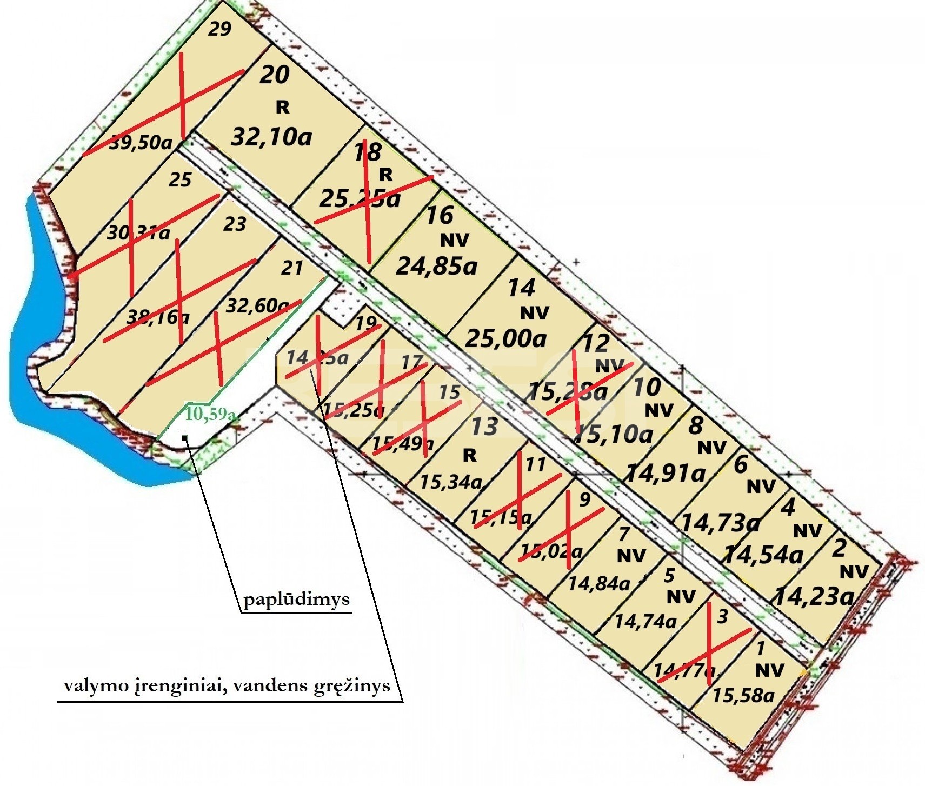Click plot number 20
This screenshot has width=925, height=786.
(x=274, y=75)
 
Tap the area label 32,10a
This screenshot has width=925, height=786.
(x=271, y=137)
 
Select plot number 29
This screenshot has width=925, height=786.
(x=219, y=28)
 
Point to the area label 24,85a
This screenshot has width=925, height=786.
(x=437, y=265)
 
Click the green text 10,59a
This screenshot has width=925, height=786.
(x=210, y=414)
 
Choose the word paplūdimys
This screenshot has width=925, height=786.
(x=296, y=600)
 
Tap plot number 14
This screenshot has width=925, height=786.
(x=521, y=288)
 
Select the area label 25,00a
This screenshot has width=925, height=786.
(x=505, y=338)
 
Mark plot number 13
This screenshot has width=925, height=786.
(x=484, y=426)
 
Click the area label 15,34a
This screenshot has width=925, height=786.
(x=450, y=481)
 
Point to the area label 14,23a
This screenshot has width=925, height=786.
(x=814, y=597)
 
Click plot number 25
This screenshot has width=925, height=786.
(x=180, y=179)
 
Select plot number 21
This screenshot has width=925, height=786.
(x=292, y=268)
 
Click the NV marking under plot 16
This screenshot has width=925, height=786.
(x=454, y=239)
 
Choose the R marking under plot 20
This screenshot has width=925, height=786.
(x=282, y=108)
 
